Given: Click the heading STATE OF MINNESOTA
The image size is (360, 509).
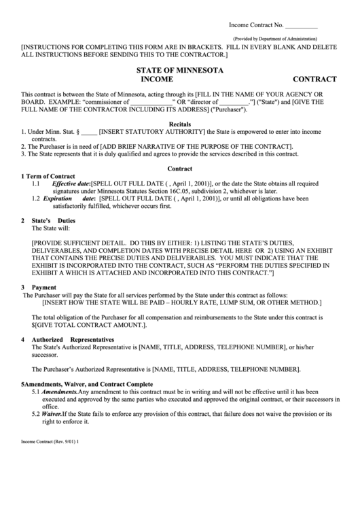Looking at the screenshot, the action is (x=179, y=70).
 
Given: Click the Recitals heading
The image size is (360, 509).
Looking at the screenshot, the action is (x=179, y=124).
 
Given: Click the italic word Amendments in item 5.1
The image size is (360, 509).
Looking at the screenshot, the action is (x=59, y=392).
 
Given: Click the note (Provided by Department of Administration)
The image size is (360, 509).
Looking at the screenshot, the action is (x=275, y=39).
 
